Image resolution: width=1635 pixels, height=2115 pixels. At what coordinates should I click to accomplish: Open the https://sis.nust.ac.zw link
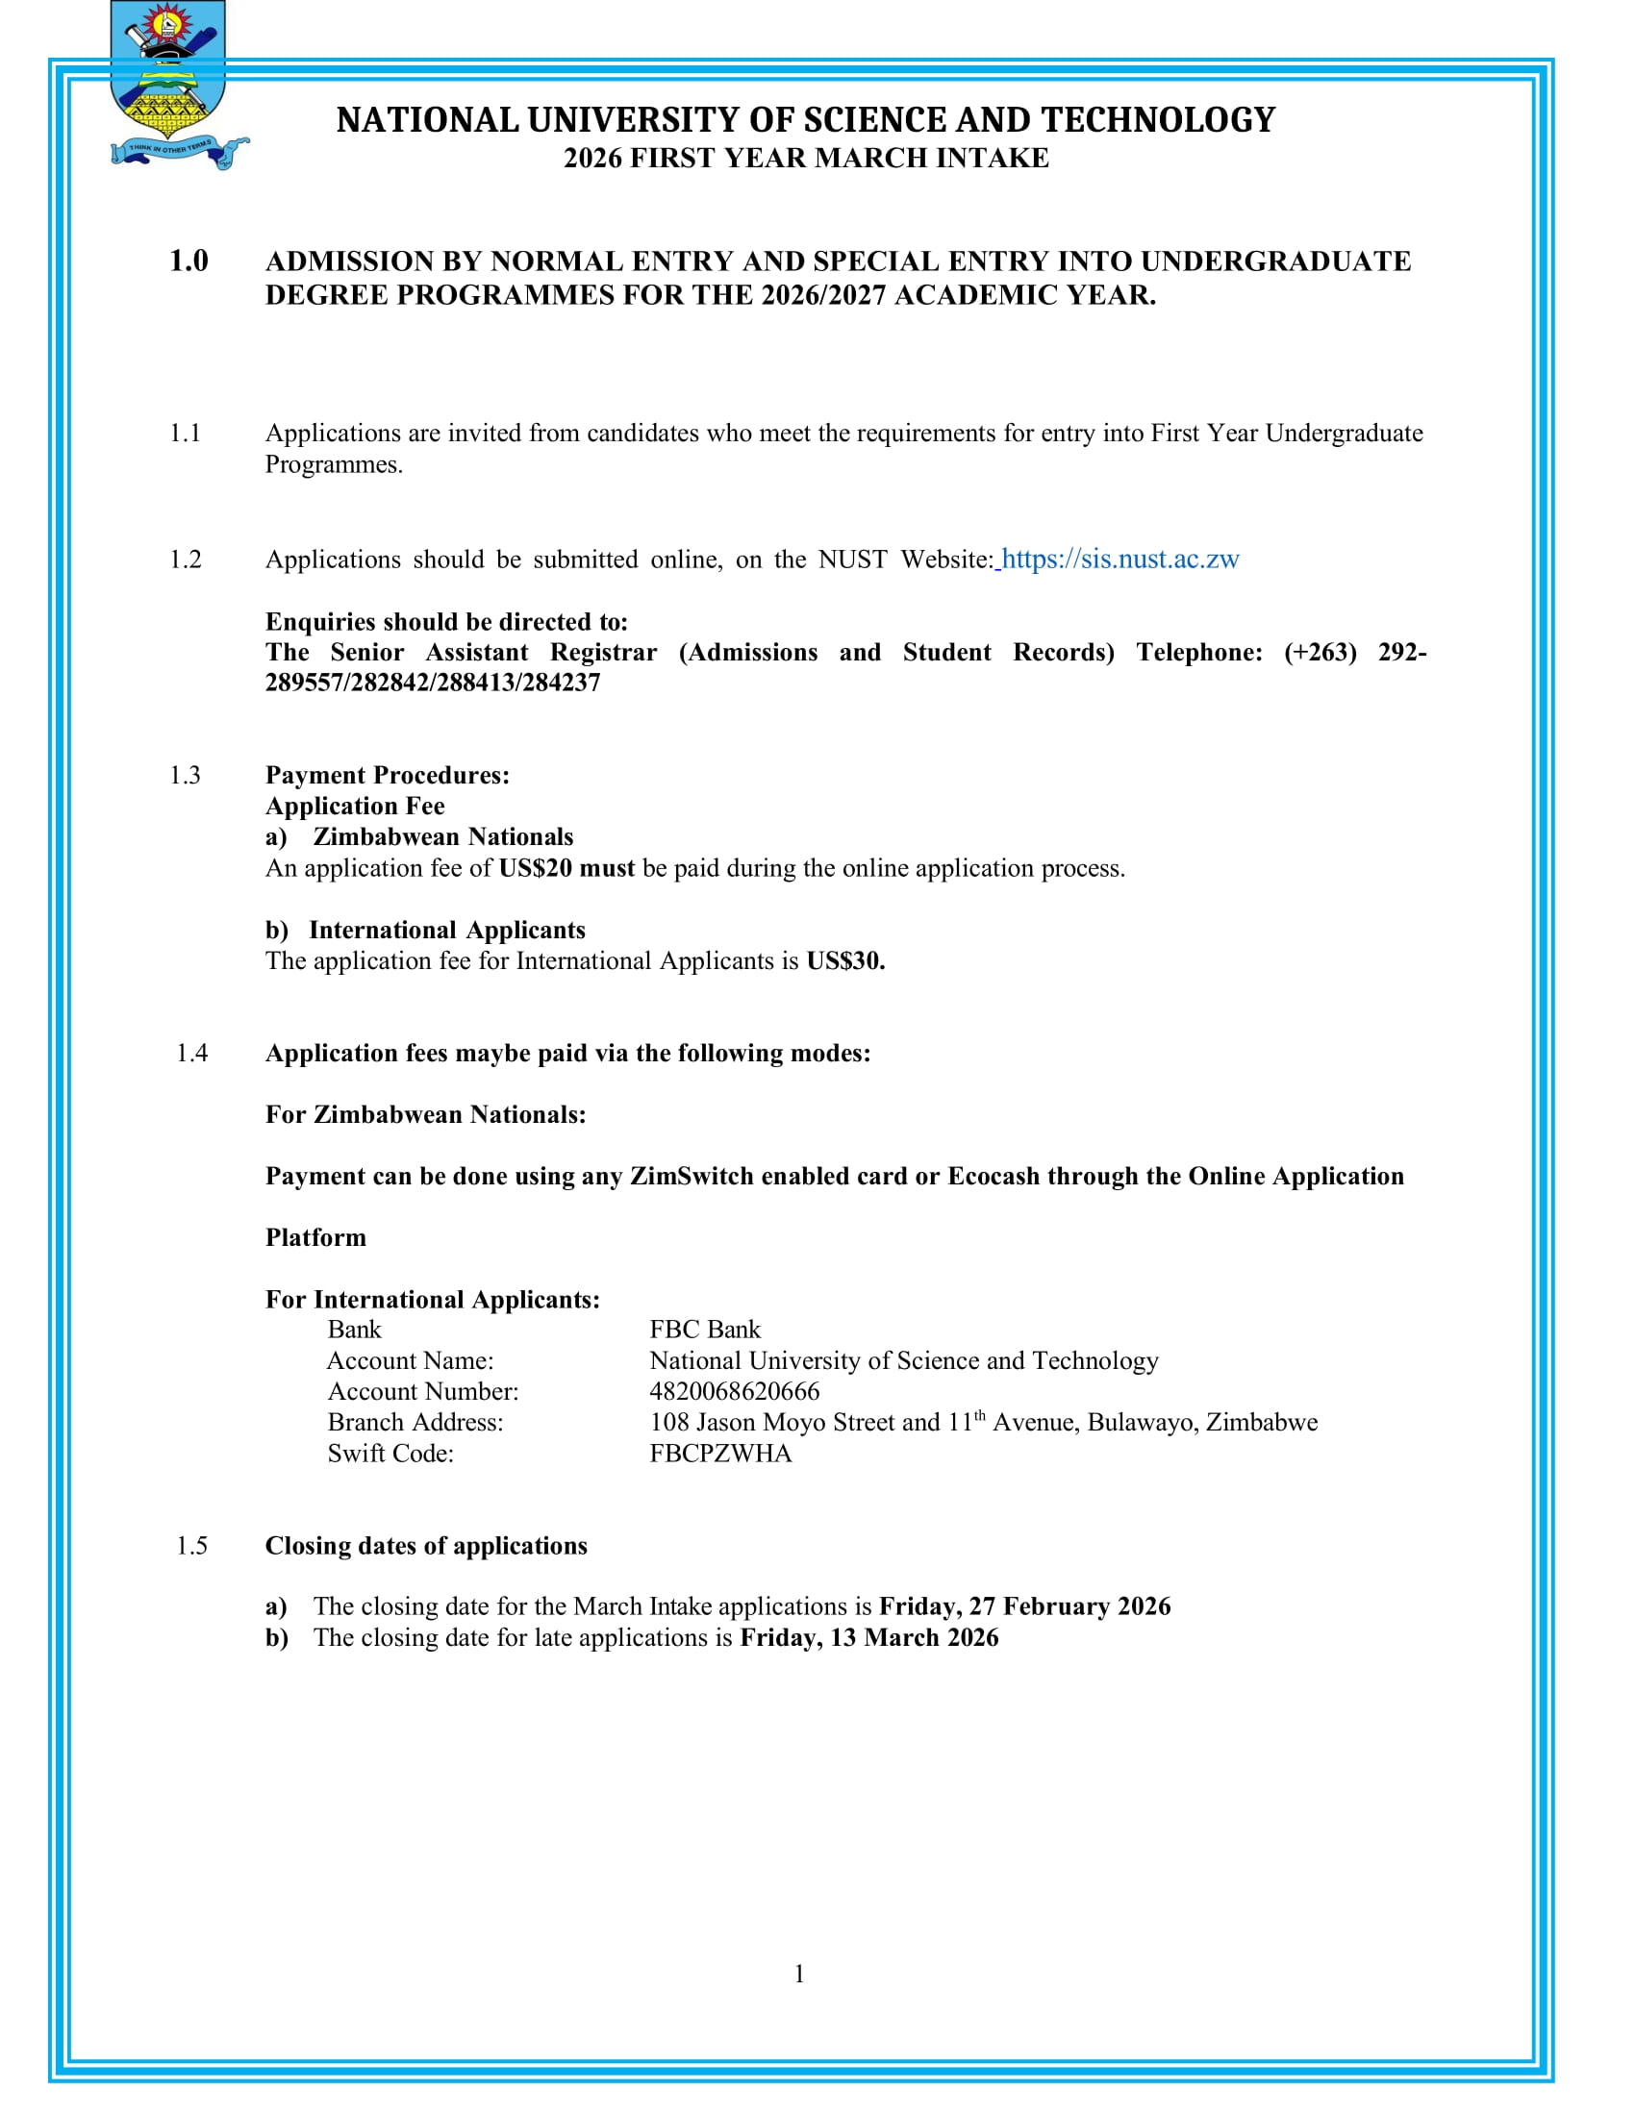1119,560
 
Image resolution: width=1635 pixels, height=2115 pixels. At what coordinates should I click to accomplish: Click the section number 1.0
189,261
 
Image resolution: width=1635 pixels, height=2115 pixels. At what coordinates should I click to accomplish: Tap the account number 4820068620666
734,1392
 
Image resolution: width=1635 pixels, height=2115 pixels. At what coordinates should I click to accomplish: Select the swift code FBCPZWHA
720,1454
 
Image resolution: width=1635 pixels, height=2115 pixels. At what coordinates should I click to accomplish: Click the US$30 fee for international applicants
844,961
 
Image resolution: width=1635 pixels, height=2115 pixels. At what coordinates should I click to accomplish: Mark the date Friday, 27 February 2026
1025,1606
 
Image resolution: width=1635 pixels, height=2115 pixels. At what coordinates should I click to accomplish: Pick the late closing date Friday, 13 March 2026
868,1637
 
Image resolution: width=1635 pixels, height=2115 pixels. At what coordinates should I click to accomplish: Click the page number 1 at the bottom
799,1974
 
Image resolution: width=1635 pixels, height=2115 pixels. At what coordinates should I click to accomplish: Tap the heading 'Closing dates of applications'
426,1546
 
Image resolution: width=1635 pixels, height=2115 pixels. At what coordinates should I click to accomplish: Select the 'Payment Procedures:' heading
388,776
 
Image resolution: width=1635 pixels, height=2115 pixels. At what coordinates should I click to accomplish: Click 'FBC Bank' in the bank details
705,1330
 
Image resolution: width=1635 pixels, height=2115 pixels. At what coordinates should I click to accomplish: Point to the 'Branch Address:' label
415,1423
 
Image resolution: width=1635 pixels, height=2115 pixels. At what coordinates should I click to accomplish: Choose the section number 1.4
191,1054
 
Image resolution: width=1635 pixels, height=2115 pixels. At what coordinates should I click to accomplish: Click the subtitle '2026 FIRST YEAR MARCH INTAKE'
806,159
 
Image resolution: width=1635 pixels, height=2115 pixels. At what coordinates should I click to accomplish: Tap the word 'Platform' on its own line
315,1237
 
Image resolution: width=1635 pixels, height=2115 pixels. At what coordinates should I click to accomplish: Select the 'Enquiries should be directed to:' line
446,622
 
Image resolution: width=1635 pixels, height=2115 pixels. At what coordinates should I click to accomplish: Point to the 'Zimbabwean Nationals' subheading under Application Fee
442,837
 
